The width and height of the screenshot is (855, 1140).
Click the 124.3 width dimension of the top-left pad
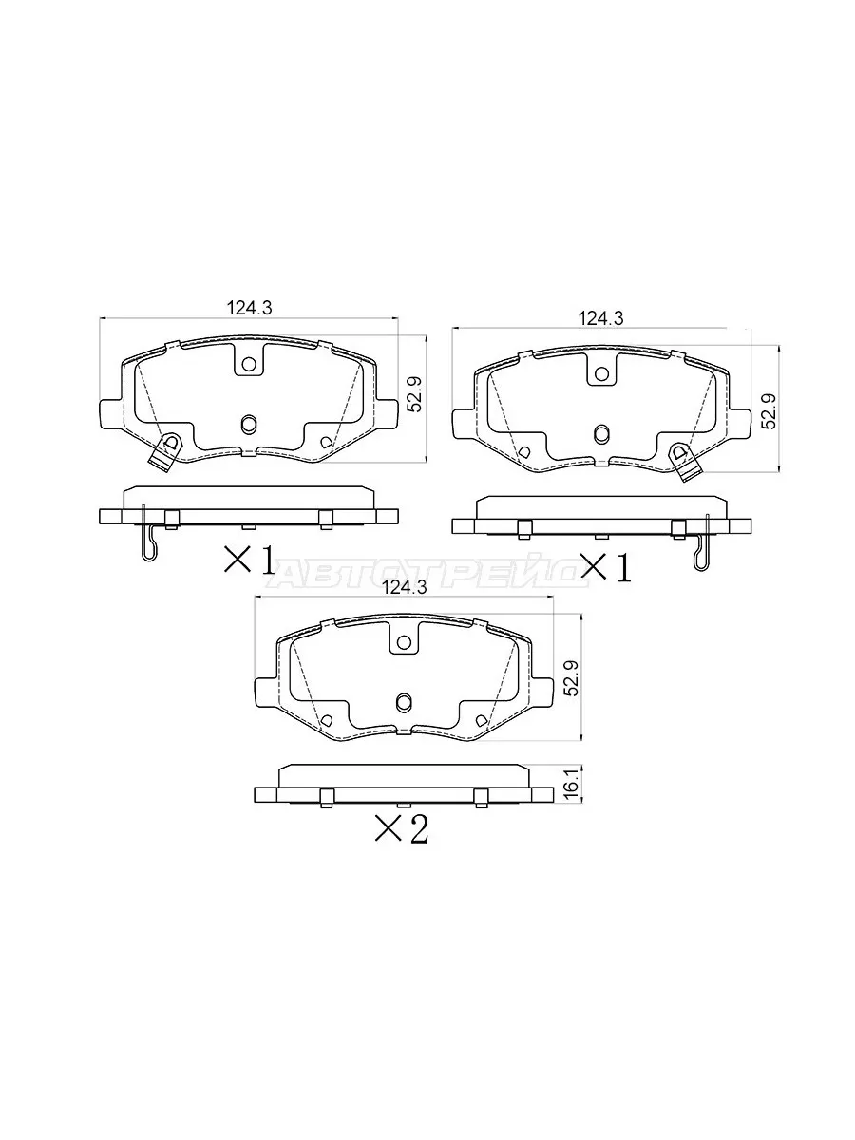pos(249,309)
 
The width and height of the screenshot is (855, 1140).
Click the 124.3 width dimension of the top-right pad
pos(601,318)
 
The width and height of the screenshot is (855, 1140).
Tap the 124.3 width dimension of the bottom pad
pos(404,587)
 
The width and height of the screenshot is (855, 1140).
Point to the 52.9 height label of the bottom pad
pos(571,677)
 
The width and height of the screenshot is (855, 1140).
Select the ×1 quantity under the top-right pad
pos(606,566)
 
